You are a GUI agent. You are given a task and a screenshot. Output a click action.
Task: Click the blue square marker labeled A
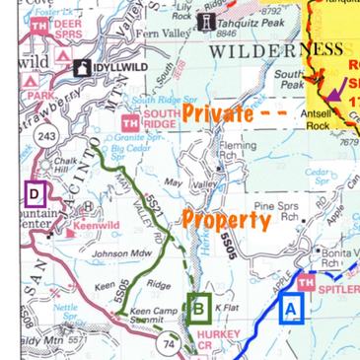point(290,309)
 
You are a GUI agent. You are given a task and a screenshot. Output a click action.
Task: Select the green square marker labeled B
point(199,309)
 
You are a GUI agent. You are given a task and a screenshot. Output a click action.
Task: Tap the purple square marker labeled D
point(36,193)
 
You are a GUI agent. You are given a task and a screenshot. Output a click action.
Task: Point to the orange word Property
point(226,219)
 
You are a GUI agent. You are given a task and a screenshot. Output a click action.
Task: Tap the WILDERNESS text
point(278,49)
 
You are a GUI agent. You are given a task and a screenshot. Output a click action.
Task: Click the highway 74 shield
point(168,344)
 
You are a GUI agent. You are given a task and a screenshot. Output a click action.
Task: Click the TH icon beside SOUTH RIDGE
point(129,123)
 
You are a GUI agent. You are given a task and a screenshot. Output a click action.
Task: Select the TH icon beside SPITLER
point(306,283)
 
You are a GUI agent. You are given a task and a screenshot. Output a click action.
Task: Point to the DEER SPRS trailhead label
point(68,27)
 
